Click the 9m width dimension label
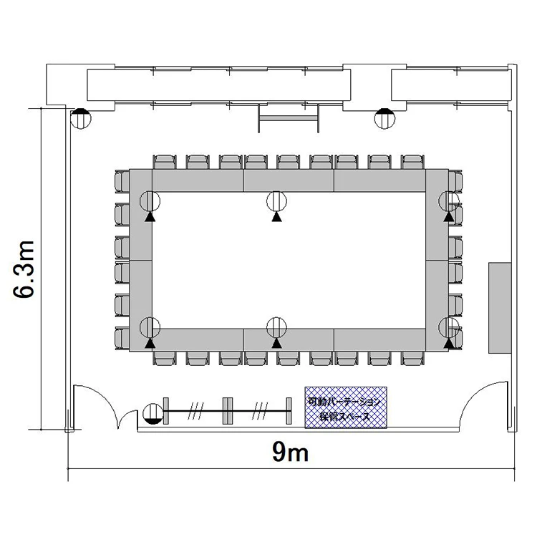[x=291, y=452]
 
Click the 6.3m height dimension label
[x=24, y=269]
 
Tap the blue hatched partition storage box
[x=346, y=407]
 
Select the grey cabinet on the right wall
[x=500, y=308]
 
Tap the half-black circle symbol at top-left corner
[x=81, y=118]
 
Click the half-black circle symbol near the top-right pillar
[x=384, y=118]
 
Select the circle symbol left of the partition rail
[x=153, y=414]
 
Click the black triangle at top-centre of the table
[x=276, y=217]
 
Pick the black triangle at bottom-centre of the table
[x=276, y=344]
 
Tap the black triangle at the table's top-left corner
[x=150, y=217]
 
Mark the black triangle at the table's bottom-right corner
[x=449, y=344]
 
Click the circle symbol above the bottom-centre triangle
[x=276, y=327]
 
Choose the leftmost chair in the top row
[x=165, y=162]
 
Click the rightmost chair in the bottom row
[x=412, y=358]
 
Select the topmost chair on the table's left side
[x=122, y=182]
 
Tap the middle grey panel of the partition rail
[x=228, y=411]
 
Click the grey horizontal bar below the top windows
[x=289, y=118]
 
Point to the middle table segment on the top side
[x=289, y=180]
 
